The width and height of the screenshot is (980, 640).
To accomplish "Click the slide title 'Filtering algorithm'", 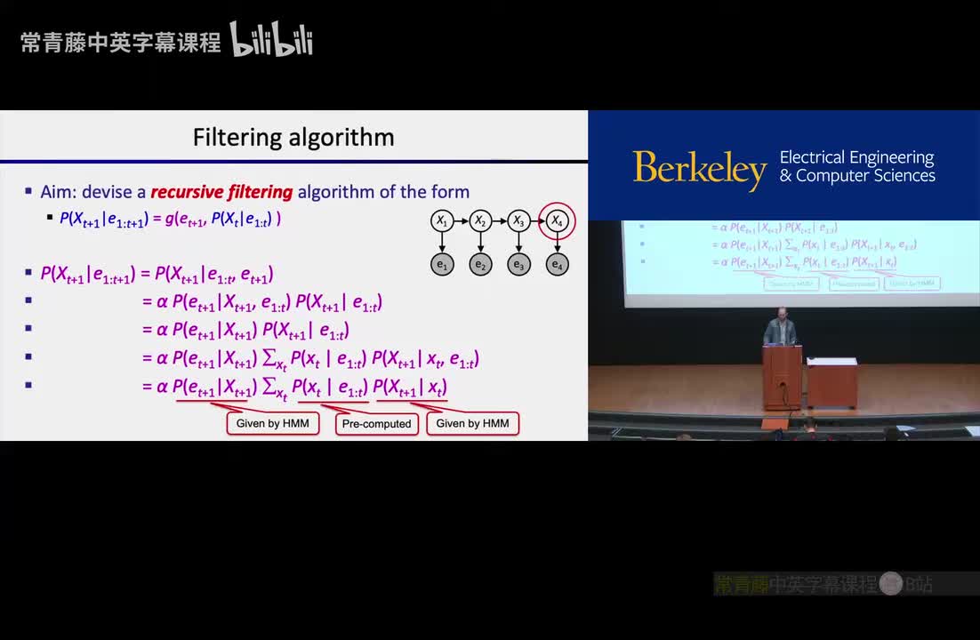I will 293,138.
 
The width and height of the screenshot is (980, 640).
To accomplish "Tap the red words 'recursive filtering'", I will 221,192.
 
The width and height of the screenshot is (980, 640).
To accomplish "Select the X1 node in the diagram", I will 442,220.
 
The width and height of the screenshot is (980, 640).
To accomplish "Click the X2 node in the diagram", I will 480,220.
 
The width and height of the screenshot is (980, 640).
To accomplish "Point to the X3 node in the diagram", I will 518,220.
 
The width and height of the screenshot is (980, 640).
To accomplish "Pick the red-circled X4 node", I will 558,220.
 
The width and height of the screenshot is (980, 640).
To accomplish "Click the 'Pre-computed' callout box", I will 377,424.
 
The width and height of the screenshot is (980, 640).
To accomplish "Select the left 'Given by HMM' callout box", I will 272,423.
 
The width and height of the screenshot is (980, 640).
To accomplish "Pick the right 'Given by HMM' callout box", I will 472,423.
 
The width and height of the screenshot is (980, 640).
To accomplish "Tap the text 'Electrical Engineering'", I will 856,157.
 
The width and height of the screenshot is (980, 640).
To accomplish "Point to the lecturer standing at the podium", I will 780,329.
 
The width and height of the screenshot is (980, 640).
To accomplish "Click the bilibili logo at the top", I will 271,40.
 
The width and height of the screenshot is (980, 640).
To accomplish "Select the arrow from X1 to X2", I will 461,220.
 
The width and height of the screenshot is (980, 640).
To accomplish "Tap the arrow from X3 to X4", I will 536,220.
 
